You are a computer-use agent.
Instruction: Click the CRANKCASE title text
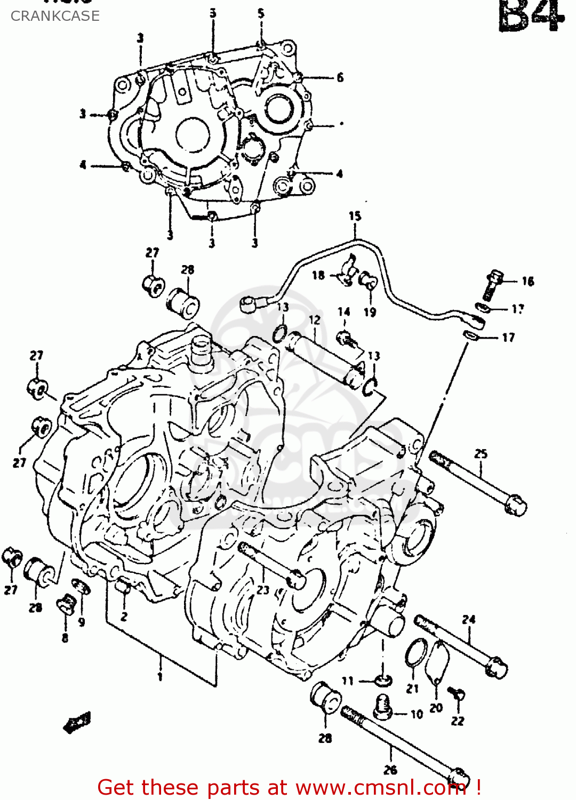[x=55, y=16]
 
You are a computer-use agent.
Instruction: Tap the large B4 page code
[x=530, y=16]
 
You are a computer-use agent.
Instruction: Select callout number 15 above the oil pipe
[x=355, y=216]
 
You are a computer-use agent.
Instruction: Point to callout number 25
[x=481, y=454]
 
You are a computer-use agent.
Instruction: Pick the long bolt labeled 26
[x=405, y=747]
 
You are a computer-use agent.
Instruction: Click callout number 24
[x=468, y=620]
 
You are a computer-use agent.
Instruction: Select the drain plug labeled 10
[x=382, y=706]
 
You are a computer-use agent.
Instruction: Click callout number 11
[x=348, y=681]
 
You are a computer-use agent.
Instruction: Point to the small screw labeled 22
[x=457, y=694]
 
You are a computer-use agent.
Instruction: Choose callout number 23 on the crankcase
[x=263, y=590]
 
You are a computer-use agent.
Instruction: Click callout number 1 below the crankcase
[x=159, y=677]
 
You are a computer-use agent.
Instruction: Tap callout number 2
[x=124, y=617]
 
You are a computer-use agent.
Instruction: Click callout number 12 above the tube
[x=315, y=320]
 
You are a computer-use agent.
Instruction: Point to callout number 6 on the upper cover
[x=340, y=78]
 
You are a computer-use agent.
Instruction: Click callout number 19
[x=370, y=312]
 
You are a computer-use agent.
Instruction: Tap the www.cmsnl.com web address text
[x=380, y=788]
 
